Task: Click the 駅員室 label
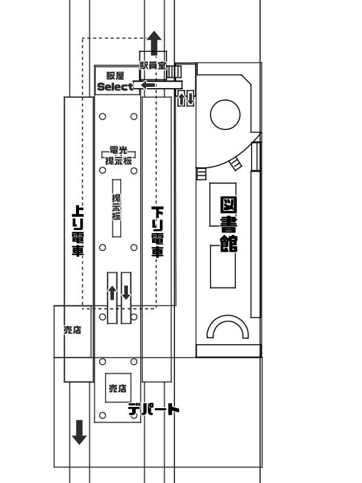point(153,64)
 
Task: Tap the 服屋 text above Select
point(115,75)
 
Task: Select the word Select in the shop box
point(115,87)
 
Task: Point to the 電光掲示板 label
point(118,156)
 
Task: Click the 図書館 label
point(228,223)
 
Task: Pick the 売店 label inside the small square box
point(118,389)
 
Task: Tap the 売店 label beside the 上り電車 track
point(72,330)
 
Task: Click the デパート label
point(154,410)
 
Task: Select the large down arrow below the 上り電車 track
point(79,432)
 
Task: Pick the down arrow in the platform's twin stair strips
point(126,293)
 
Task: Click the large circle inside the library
point(225,115)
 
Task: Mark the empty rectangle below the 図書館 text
point(222,266)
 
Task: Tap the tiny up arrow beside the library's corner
point(182,98)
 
